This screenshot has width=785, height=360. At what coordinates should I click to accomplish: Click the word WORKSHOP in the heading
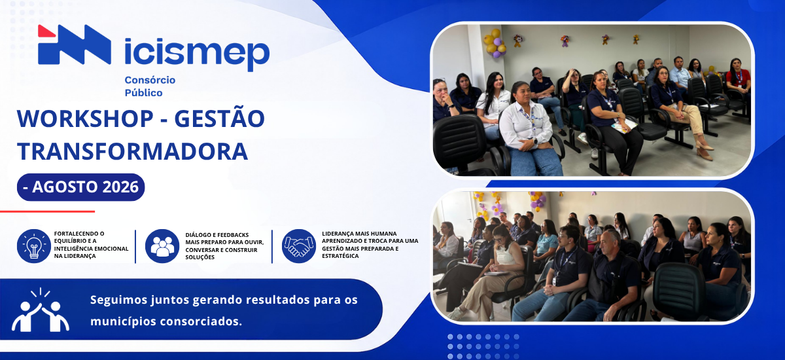coord(85,118)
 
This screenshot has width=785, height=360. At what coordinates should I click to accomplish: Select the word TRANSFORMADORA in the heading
coord(132,151)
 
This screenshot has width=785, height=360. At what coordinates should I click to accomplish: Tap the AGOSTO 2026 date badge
coord(80,187)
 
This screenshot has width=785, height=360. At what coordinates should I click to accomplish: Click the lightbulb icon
coord(34,246)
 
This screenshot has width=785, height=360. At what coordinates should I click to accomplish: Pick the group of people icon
coord(162,246)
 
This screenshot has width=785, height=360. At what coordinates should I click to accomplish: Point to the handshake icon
coord(298,246)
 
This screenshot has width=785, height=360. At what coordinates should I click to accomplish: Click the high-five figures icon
coord(41,310)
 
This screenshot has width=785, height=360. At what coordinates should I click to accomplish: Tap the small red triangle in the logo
coord(46,31)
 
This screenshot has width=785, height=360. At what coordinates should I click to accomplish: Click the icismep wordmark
coord(197,54)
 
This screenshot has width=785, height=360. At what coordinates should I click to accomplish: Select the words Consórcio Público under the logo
coord(150,86)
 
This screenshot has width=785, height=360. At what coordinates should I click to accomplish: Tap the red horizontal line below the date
coord(47,211)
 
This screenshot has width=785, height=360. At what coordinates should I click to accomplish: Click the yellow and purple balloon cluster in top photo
coord(495,43)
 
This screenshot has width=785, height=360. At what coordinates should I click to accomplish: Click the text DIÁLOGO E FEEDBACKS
coord(217,235)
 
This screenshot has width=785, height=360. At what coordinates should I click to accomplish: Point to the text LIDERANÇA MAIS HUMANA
coord(359,234)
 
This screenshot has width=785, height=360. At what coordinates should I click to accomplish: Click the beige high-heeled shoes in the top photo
coord(705,150)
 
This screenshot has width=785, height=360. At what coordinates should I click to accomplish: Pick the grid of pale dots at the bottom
coord(483,346)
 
